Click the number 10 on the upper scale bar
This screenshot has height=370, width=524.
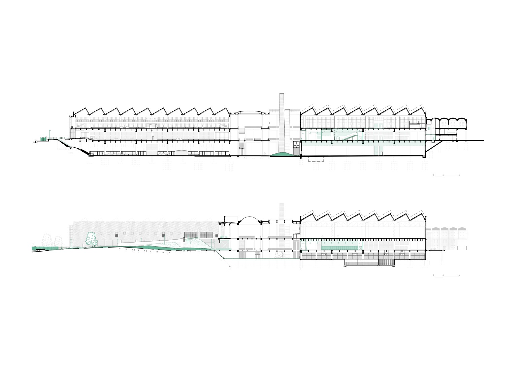(459, 176)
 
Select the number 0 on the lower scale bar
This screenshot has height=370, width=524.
(434, 275)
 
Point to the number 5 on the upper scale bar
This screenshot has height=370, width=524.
(443, 176)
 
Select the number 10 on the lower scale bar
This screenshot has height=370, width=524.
(459, 275)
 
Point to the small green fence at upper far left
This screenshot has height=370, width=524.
(43, 139)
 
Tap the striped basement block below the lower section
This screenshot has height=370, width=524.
(386, 262)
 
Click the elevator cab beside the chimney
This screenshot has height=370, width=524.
(296, 145)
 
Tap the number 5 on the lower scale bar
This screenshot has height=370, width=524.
(443, 275)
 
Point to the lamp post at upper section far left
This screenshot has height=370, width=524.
(50, 135)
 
